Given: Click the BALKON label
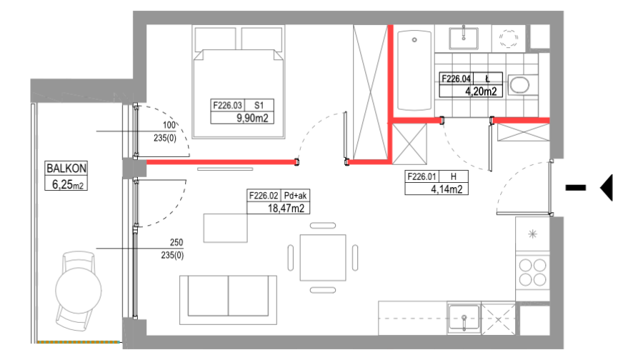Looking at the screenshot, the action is tap(66, 168).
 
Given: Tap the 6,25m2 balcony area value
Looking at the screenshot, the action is tap(67, 184).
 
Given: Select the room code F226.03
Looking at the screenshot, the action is tap(227, 106).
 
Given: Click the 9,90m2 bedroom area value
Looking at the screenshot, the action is tap(252, 118).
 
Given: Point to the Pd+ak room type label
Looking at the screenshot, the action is tap(295, 196).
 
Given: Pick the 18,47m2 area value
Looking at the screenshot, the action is tap(286, 209).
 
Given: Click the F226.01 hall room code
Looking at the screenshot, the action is tap(422, 176).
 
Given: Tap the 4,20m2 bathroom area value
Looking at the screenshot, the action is tap(481, 91).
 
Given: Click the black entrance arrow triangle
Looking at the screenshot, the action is tap(607, 187).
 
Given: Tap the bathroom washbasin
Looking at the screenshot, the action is tap(464, 38).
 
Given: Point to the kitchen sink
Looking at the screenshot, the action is tap(464, 317).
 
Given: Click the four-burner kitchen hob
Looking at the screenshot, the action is tap(532, 272).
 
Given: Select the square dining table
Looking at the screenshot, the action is tap(323, 257).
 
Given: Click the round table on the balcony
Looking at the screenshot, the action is tap(79, 291).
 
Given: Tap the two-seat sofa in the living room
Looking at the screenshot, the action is tap(228, 300).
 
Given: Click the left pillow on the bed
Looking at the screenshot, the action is tap(215, 39).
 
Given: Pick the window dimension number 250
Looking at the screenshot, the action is tap(176, 242).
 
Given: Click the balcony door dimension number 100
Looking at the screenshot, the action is tap(169, 125).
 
